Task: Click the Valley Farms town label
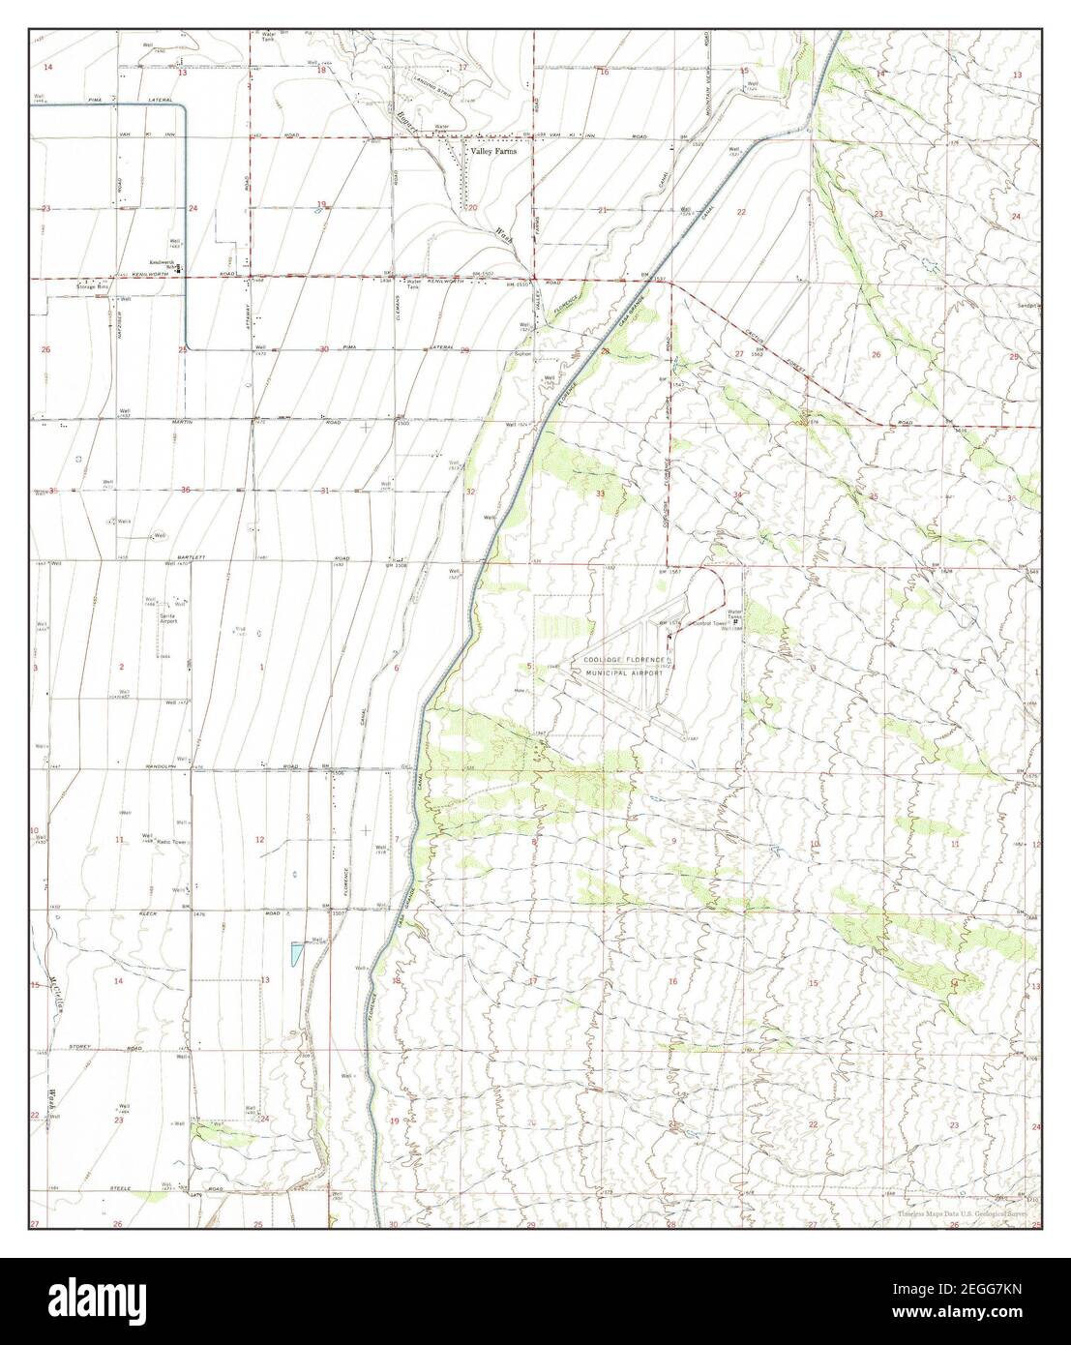tap(493, 152)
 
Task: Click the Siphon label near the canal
tap(514, 354)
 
